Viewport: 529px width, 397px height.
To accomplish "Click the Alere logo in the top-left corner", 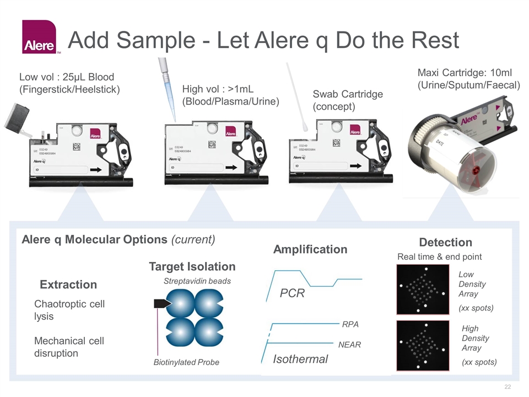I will pos(39,37).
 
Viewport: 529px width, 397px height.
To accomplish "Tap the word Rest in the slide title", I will pos(430,41).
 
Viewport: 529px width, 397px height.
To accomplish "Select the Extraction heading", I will pos(68,285).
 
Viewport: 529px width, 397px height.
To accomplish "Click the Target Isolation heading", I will pos(192,267).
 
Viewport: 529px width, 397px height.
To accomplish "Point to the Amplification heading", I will pos(310,249).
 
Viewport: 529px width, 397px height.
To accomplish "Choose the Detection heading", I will pos(445,243).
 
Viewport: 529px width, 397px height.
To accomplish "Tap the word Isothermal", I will pos(300,359).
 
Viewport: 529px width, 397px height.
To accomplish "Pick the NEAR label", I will pos(349,345).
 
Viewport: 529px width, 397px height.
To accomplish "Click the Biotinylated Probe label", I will pos(186,362).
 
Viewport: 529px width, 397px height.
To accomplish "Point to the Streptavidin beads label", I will pos(197,281).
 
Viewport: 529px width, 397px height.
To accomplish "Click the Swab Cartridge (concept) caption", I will pos(348,100).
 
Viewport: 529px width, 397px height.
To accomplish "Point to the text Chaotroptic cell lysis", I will pos(69,310).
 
